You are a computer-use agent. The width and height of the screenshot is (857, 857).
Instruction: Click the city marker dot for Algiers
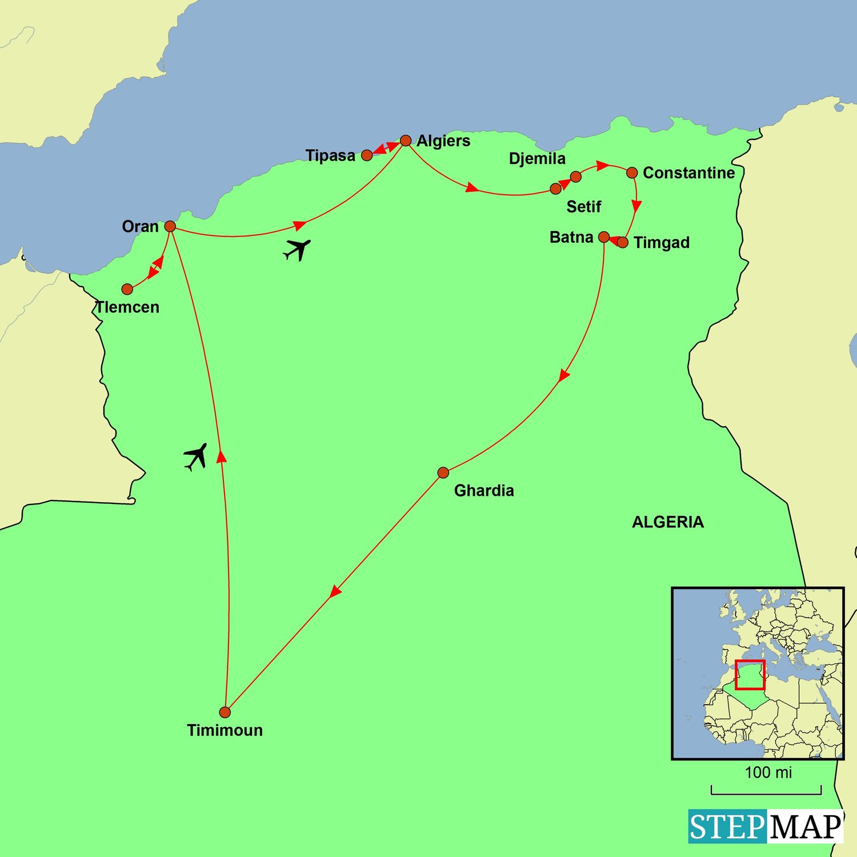click(406, 141)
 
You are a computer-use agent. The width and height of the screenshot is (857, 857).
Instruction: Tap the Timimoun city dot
click(225, 712)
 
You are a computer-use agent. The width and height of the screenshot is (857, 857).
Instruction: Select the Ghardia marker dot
click(443, 472)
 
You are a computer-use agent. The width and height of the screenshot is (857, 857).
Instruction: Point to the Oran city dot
click(170, 226)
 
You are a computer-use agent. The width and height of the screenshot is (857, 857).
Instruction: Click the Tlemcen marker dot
click(127, 289)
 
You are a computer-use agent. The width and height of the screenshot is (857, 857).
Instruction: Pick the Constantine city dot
click(632, 173)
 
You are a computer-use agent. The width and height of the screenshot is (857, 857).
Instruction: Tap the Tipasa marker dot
click(367, 155)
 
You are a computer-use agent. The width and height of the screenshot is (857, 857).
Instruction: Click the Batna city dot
click(604, 237)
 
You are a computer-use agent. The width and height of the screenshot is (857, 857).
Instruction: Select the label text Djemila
click(537, 158)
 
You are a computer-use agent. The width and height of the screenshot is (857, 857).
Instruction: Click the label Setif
click(583, 206)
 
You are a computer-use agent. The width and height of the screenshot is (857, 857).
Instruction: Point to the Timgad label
click(662, 242)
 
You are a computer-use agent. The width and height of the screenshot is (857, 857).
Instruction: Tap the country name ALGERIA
click(667, 522)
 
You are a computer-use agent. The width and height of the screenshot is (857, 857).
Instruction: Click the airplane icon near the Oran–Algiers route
click(297, 250)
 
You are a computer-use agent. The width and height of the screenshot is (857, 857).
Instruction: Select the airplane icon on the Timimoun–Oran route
click(195, 456)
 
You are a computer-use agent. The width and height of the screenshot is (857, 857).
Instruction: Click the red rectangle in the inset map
click(750, 675)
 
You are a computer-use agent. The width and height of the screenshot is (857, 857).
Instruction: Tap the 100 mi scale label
click(768, 772)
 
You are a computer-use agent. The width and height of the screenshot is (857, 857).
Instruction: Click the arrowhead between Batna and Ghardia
click(564, 376)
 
